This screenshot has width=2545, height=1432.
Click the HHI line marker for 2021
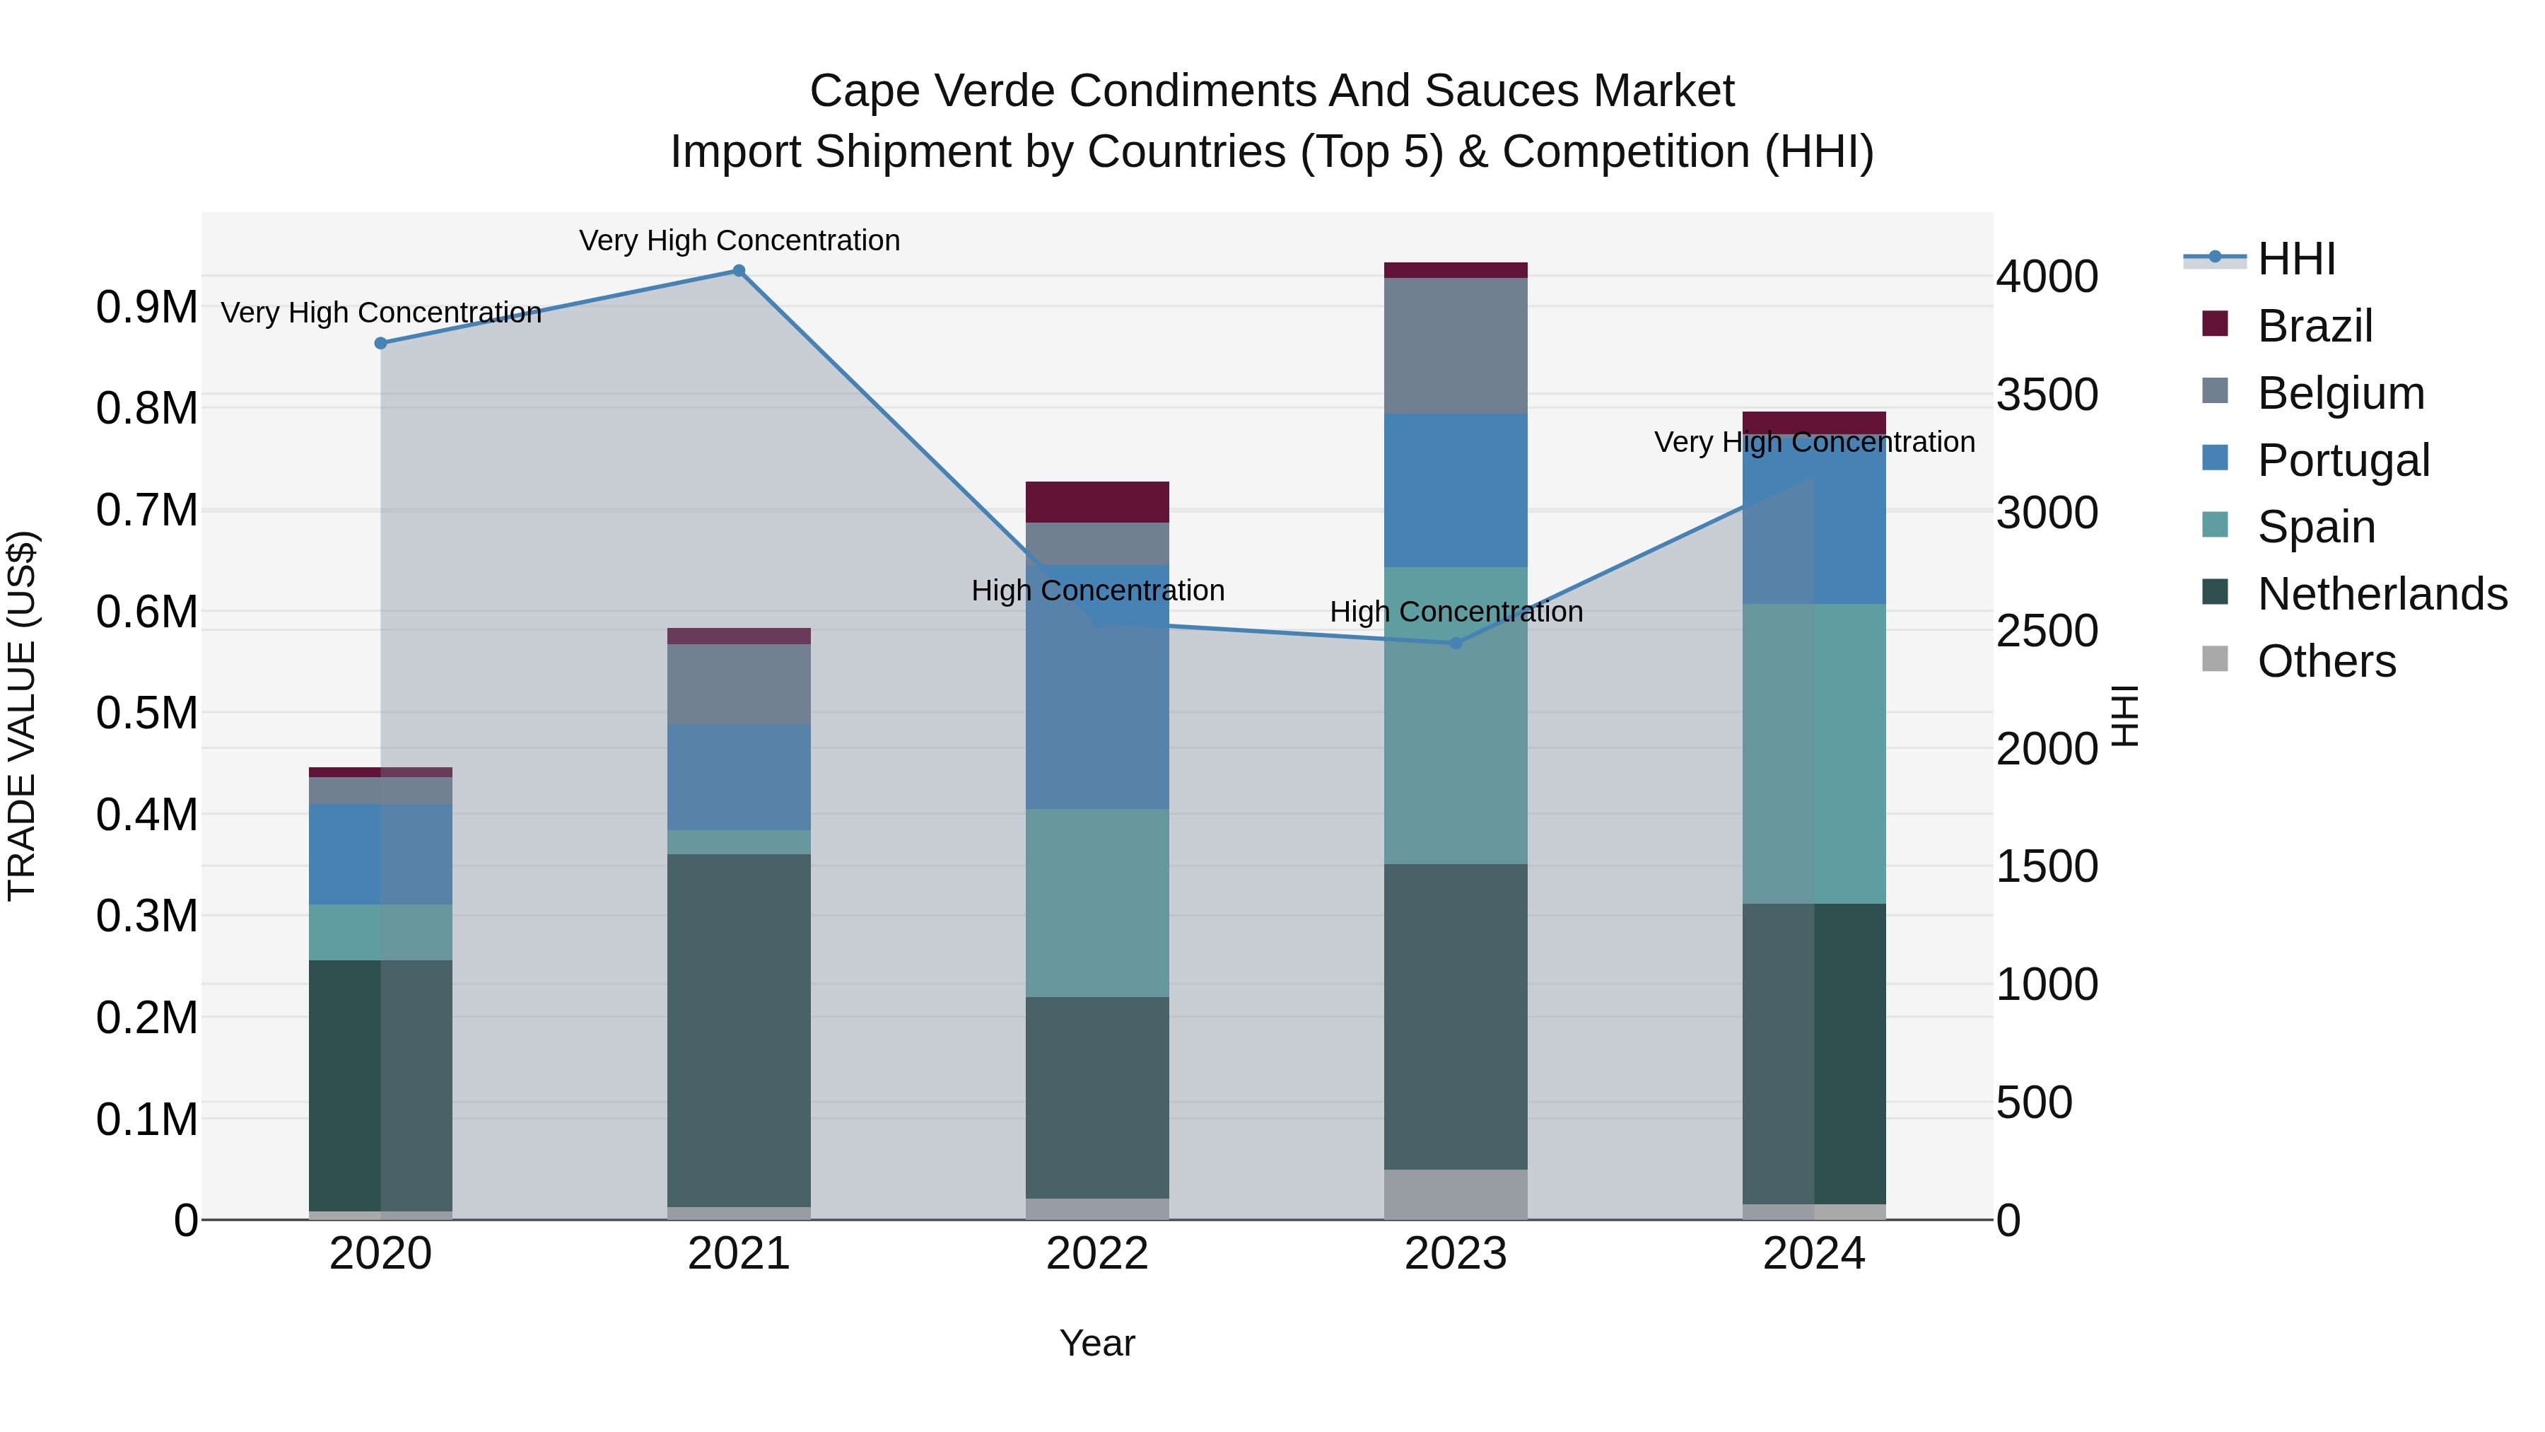[738, 271]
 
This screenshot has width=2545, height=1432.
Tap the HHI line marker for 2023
[1456, 644]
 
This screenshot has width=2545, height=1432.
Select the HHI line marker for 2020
[380, 343]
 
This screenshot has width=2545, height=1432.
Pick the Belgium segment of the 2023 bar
[1456, 346]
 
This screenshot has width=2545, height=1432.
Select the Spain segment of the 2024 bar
[1814, 753]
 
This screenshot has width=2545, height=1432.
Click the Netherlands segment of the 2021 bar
[738, 1030]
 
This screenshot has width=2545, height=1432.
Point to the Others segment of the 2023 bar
[1456, 1194]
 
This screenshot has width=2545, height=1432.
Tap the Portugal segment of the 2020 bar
[380, 854]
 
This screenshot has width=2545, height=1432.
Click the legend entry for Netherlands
[2382, 594]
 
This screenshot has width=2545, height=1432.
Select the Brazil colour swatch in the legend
[2215, 324]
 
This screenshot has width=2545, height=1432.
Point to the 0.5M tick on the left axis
[146, 714]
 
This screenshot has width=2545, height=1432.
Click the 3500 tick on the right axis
[2046, 395]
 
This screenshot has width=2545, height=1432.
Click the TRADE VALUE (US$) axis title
[22, 716]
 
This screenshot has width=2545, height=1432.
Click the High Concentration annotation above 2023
[1456, 612]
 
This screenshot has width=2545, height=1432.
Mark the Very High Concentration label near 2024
[1814, 442]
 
